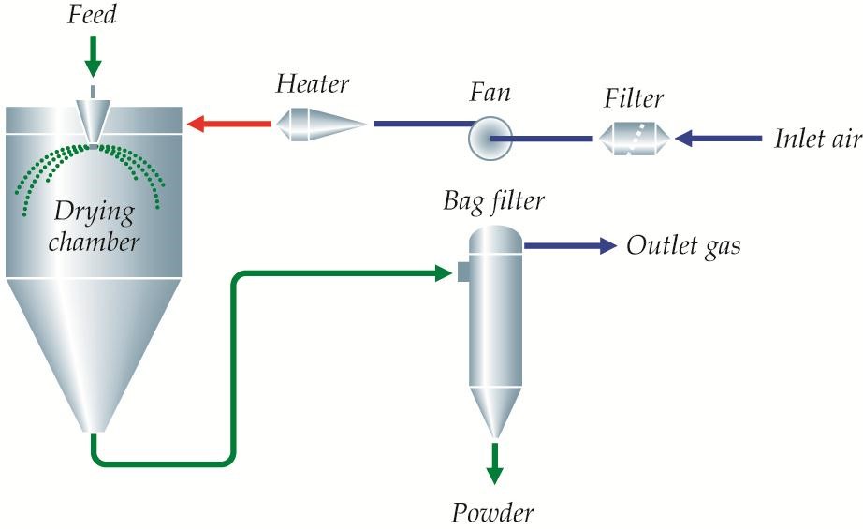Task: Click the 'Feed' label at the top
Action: coord(93,16)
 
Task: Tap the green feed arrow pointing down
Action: coord(92,58)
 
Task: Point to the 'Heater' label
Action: coord(313,84)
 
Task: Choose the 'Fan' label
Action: coord(491,96)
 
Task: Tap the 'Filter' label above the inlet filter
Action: coord(633,98)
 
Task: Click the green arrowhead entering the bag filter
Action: coord(446,272)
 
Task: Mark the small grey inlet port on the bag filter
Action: coord(462,272)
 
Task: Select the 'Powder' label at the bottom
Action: coord(493,512)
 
